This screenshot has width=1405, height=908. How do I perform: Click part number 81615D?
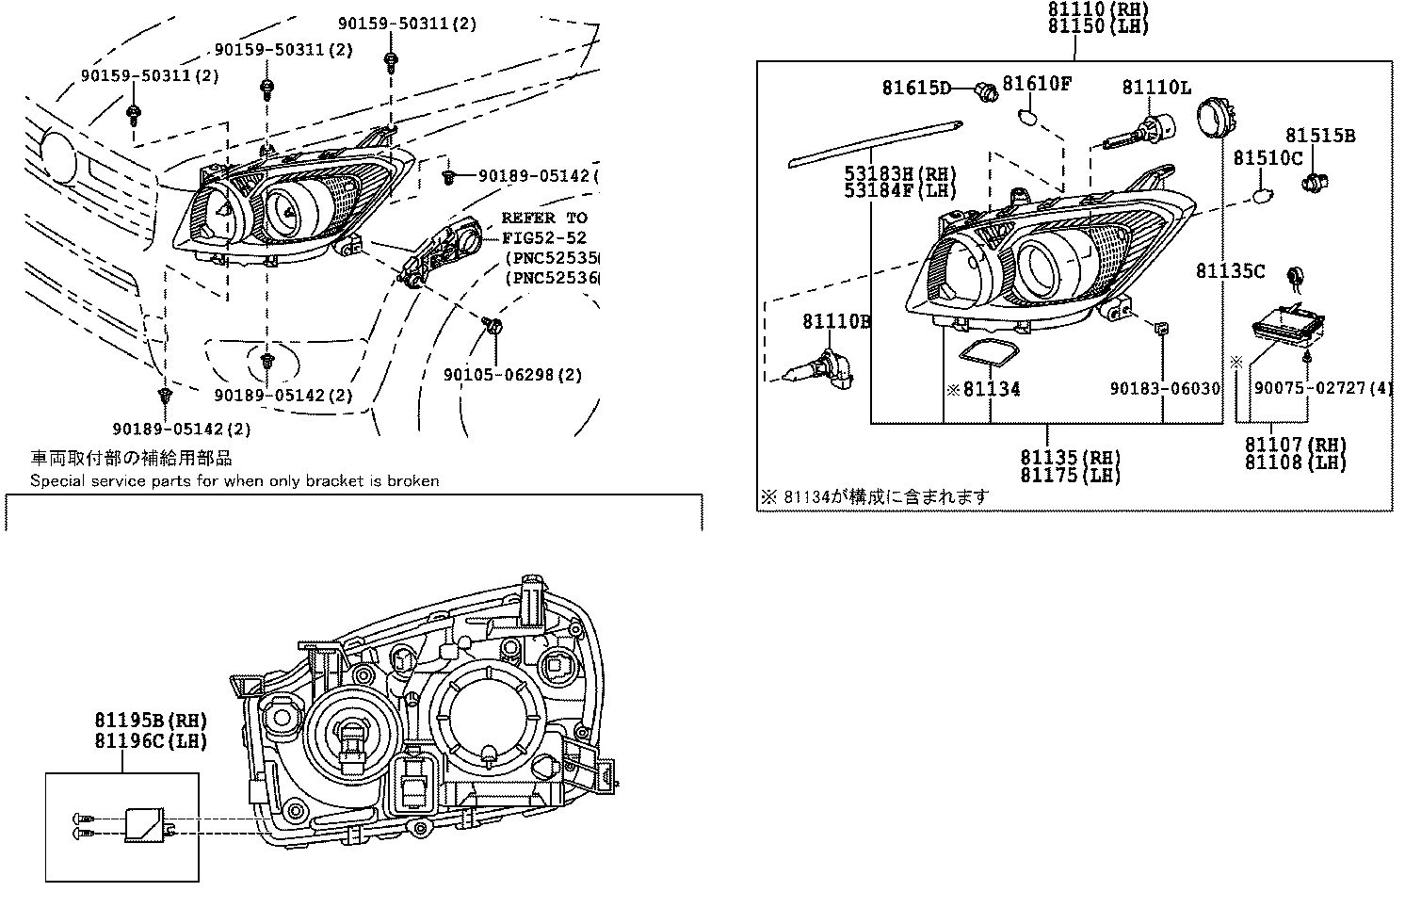click(916, 88)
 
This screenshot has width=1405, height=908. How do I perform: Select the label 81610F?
click(1036, 83)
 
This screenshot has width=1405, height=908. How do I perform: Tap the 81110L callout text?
click(1155, 88)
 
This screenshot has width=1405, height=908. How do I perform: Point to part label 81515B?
click(1320, 136)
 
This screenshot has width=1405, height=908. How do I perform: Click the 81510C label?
click(1268, 158)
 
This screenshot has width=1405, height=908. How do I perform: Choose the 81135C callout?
click(1230, 271)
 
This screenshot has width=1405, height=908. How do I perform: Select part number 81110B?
click(836, 322)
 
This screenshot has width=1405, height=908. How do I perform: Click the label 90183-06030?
click(1164, 388)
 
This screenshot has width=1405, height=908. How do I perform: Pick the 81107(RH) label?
click(1295, 445)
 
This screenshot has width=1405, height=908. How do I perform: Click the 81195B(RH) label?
click(150, 721)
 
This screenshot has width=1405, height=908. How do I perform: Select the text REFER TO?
click(543, 218)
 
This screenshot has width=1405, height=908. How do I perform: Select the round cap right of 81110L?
click(1216, 121)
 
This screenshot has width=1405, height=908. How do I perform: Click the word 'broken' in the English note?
click(415, 480)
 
